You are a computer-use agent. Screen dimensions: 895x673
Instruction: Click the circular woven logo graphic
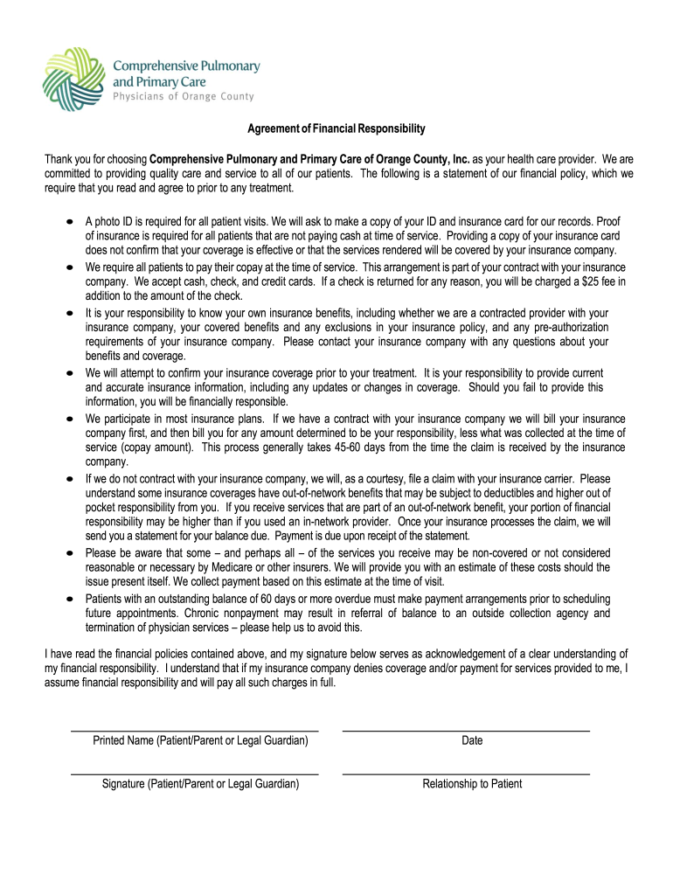tap(73, 78)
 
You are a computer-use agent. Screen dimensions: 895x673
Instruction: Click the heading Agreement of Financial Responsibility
tap(336, 128)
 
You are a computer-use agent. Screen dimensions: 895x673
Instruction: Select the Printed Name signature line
tap(194, 730)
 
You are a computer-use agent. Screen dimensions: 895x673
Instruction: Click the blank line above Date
tap(466, 730)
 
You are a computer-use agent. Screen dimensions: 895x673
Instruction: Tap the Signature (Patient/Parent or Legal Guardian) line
tap(194, 774)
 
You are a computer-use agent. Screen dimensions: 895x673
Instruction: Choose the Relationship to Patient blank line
tap(466, 774)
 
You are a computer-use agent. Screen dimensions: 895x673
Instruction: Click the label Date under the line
tap(472, 740)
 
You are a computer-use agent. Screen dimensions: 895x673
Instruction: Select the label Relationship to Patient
tap(472, 784)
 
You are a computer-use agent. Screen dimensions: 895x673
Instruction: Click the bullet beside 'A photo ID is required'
tap(69, 222)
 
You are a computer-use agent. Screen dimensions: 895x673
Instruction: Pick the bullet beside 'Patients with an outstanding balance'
tap(69, 600)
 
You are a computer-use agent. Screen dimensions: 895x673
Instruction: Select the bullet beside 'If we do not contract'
tap(69, 480)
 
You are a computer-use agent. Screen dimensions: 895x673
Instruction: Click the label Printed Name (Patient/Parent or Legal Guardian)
tap(200, 740)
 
